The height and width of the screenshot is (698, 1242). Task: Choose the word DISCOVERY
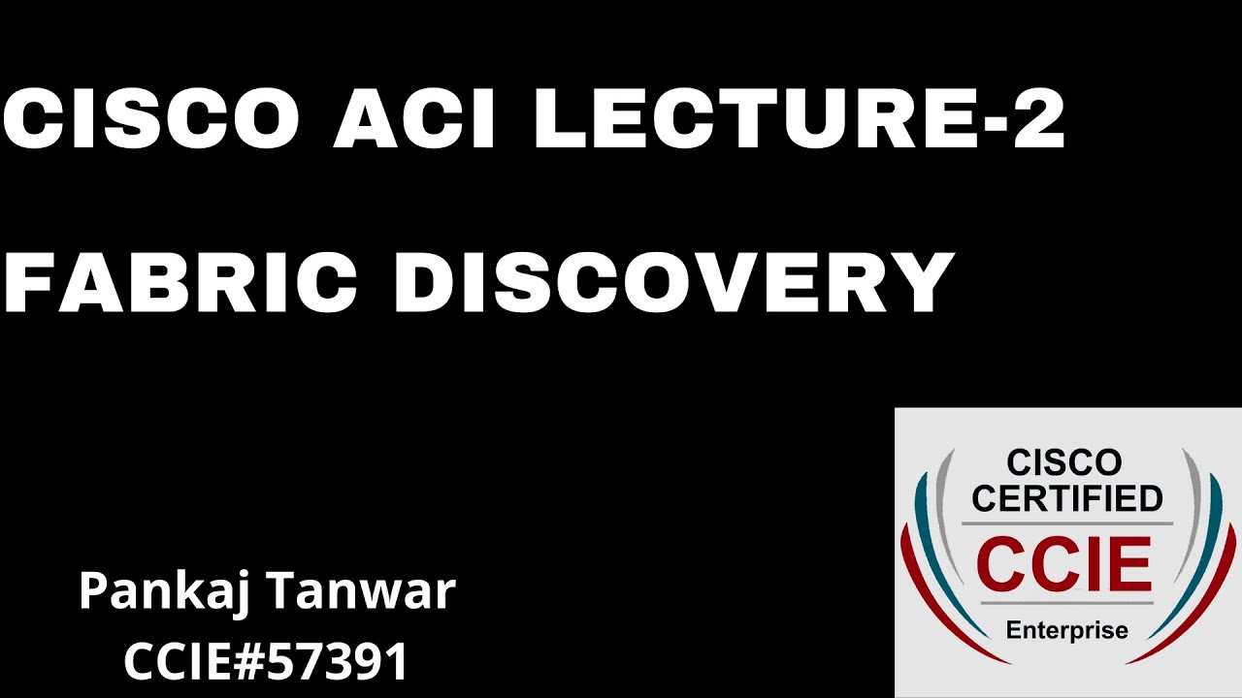click(674, 283)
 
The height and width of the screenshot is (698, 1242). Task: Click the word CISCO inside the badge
click(1064, 463)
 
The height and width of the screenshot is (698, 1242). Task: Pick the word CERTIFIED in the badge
click(1067, 498)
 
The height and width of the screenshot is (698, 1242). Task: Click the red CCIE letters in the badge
click(1064, 562)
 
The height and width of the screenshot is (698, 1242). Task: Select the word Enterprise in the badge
click(1066, 631)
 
